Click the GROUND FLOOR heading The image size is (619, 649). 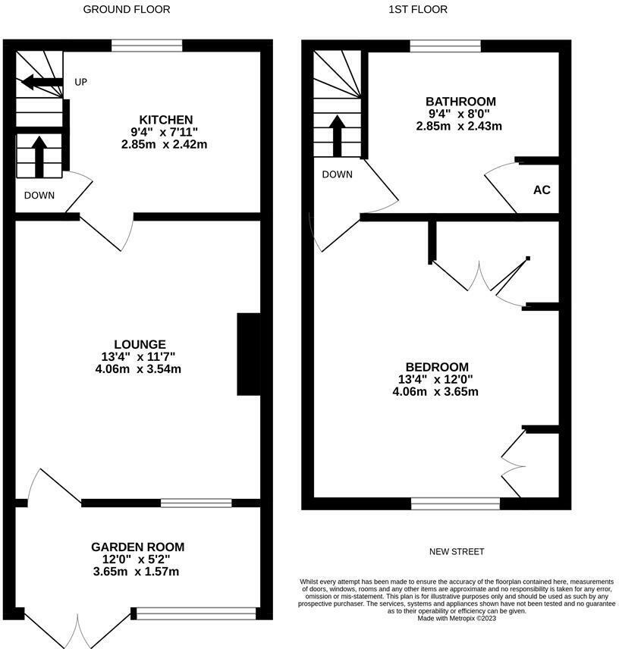click(126, 10)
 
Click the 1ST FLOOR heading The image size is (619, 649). click(418, 10)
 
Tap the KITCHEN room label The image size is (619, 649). click(165, 120)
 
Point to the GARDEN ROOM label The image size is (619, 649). click(137, 547)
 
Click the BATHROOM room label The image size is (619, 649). click(460, 102)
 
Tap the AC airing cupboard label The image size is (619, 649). click(542, 190)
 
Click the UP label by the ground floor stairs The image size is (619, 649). click(80, 82)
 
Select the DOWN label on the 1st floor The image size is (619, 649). click(337, 174)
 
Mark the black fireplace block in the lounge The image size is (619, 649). click(249, 354)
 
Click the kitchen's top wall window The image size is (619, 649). click(147, 46)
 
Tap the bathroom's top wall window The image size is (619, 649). click(445, 46)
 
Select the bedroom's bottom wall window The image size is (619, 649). click(455, 503)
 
